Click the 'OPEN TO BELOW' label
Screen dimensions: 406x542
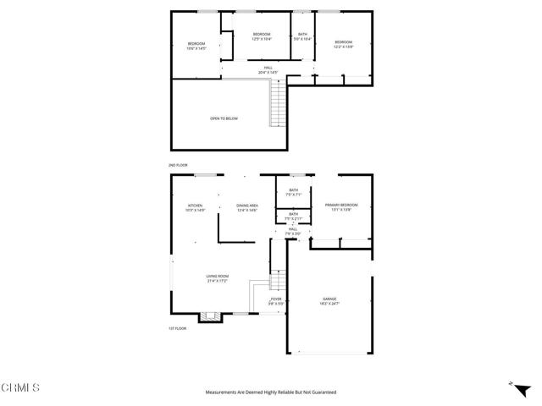pos(224,118)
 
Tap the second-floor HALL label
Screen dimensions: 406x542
pos(268,68)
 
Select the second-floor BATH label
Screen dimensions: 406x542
pos(302,35)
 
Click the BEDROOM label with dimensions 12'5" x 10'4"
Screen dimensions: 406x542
pos(261,34)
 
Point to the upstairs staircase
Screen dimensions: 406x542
pos(275,108)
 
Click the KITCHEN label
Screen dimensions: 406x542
pos(196,206)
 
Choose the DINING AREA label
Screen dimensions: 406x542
pos(247,206)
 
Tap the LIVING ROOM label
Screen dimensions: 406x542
pos(217,277)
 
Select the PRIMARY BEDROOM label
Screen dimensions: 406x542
pos(341,206)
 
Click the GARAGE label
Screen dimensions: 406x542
pos(329,299)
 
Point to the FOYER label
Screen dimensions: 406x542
pos(276,299)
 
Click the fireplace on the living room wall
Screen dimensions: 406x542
pos(208,318)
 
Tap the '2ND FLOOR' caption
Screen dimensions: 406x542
pos(177,165)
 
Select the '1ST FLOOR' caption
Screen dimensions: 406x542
pos(177,328)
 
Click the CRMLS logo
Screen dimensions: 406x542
pos(20,389)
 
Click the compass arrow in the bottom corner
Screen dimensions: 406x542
pos(512,383)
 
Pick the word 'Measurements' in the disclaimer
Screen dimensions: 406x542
pos(221,392)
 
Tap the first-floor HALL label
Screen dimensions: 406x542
pos(292,229)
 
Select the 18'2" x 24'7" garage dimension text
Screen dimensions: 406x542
pos(329,303)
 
